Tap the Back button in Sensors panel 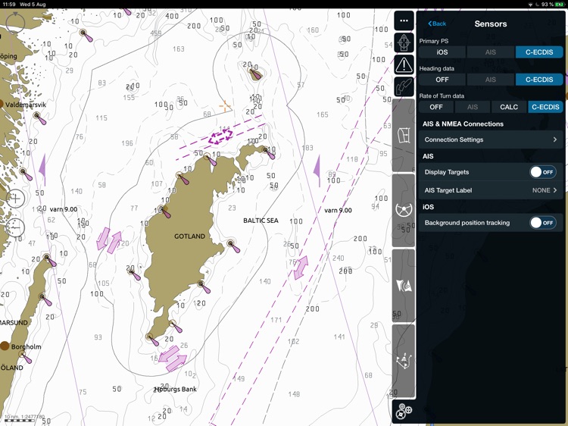pyautogui.click(x=438, y=24)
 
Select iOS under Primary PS pyautogui.click(x=442, y=52)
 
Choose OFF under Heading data pyautogui.click(x=442, y=80)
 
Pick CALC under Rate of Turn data pyautogui.click(x=509, y=107)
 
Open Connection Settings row pyautogui.click(x=491, y=139)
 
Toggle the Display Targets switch pyautogui.click(x=543, y=172)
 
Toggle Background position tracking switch pyautogui.click(x=543, y=223)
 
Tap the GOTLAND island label pyautogui.click(x=189, y=236)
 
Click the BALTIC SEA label pyautogui.click(x=261, y=221)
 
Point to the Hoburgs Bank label pyautogui.click(x=176, y=389)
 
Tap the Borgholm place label pyautogui.click(x=27, y=346)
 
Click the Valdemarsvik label pyautogui.click(x=25, y=105)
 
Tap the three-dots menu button pyautogui.click(x=404, y=21)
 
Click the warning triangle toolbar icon pyautogui.click(x=404, y=65)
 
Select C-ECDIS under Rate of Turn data pyautogui.click(x=545, y=107)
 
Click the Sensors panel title pyautogui.click(x=491, y=24)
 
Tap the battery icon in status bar pyautogui.click(x=560, y=5)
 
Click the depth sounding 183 pyautogui.click(x=307, y=149)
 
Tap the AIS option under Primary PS pyautogui.click(x=491, y=52)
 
